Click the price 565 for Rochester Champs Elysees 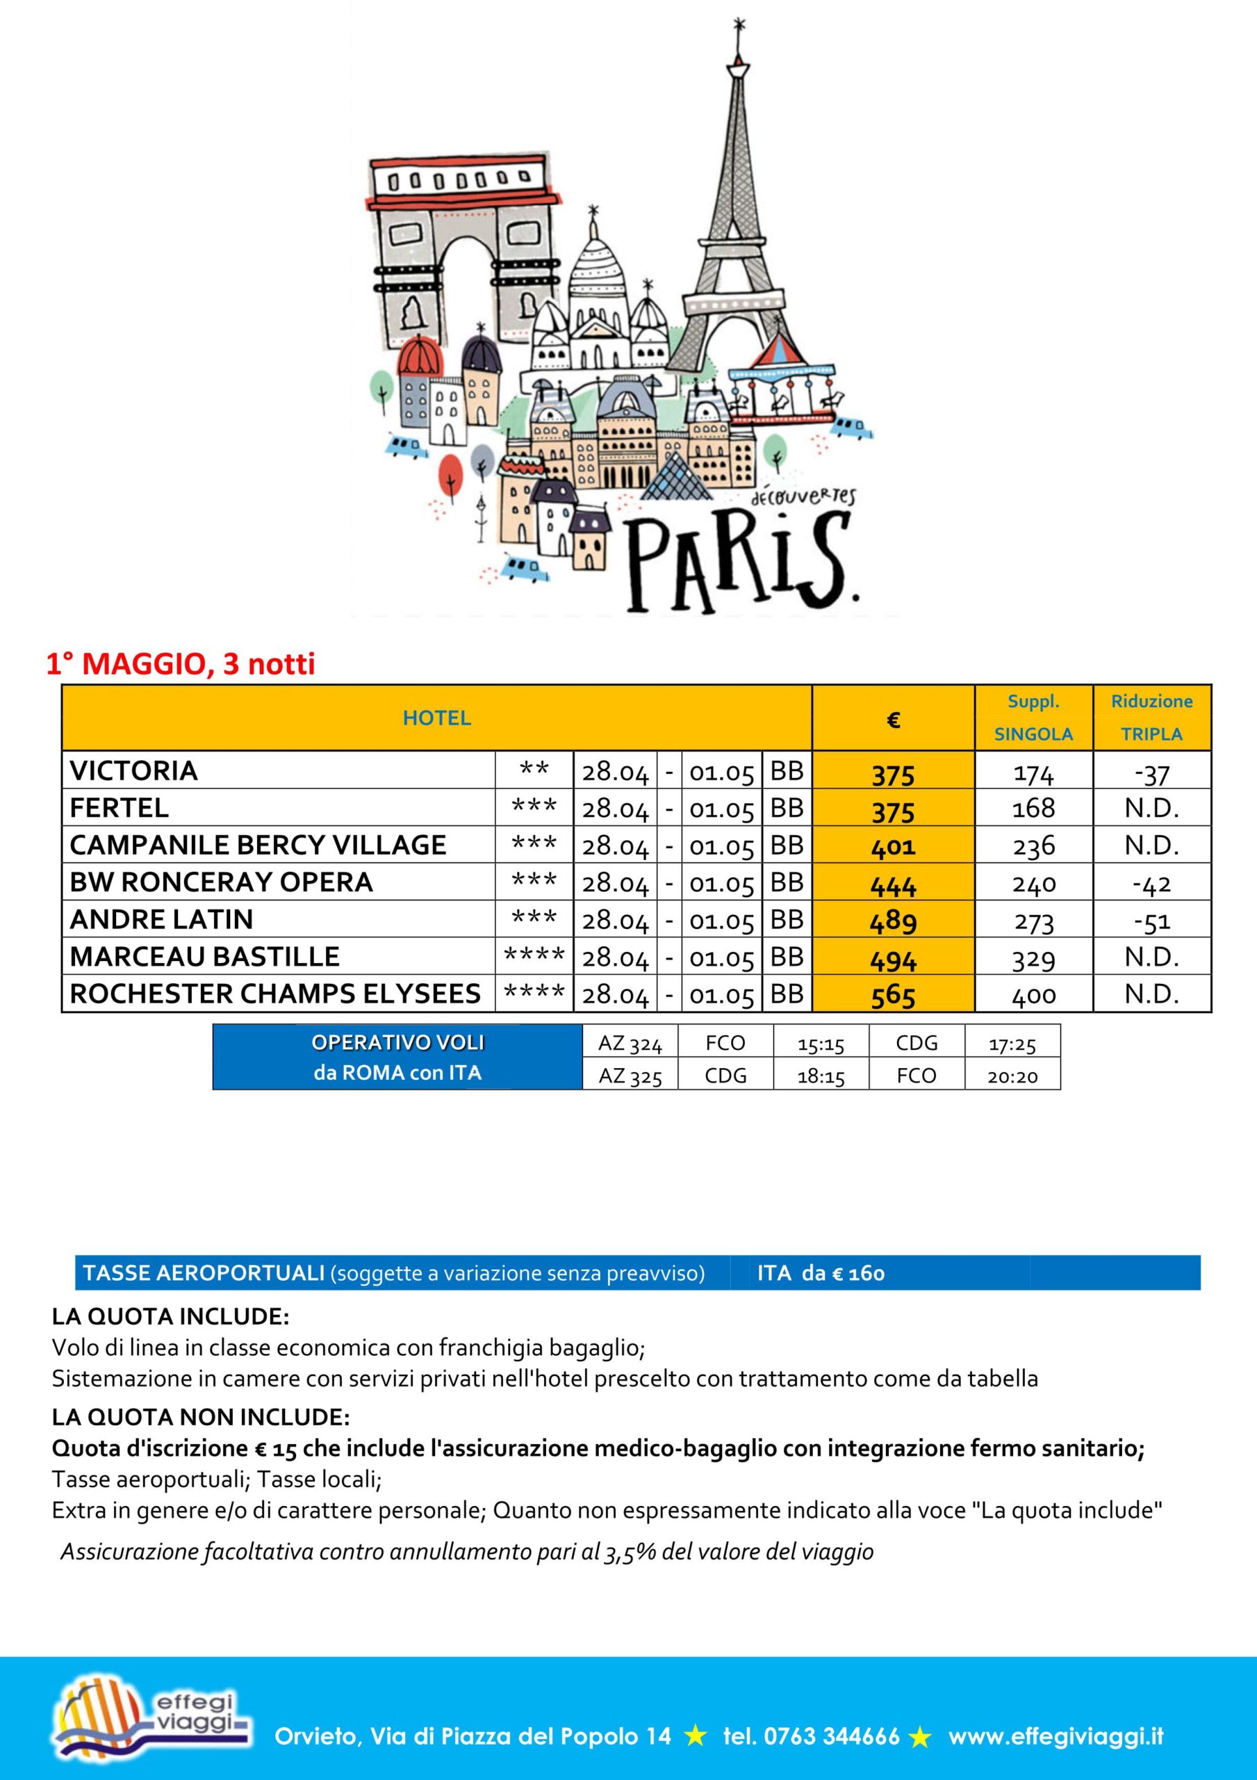point(893,995)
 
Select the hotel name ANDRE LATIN point(161,919)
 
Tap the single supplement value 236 point(1033,845)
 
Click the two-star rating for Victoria point(534,770)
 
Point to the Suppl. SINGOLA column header point(1033,718)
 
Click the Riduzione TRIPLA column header point(1151,718)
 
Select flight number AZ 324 point(630,1044)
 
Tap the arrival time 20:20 point(1012,1076)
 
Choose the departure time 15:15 point(821,1044)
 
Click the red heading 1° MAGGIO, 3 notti point(181,665)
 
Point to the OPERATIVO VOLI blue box point(397,1058)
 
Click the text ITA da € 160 point(821,1273)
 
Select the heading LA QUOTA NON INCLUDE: point(201,1417)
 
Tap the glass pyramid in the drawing point(671,477)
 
